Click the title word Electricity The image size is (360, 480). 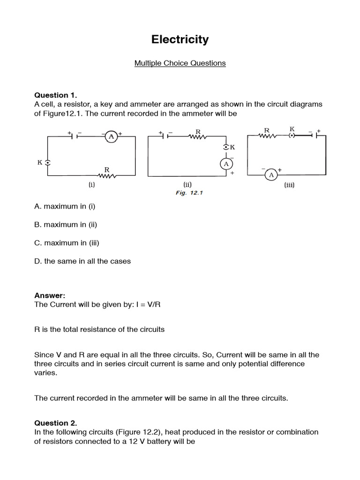coord(180,40)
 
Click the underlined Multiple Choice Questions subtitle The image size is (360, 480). coord(180,63)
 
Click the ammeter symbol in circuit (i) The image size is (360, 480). coord(112,136)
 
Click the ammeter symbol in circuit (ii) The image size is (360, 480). coord(226,164)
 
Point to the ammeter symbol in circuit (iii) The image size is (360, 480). coord(270,175)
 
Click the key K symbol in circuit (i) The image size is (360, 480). coord(47,163)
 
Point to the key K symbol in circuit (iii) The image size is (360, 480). coord(292,136)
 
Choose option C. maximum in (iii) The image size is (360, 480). coord(67,243)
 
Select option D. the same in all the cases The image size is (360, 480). coord(82,261)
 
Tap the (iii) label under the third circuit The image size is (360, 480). coord(289,185)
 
